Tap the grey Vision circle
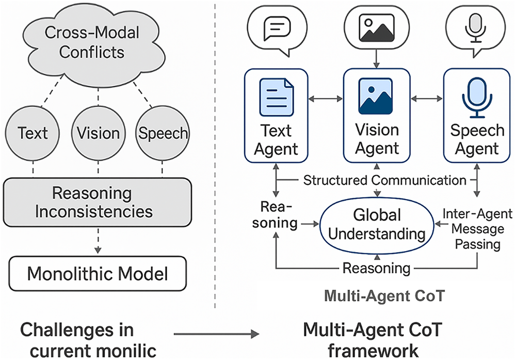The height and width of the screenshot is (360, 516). (99, 133)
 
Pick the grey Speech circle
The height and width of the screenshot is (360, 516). (162, 133)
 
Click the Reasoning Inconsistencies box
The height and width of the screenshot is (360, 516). (98, 202)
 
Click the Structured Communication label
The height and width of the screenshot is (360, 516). (384, 180)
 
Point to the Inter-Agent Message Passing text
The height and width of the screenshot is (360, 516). (477, 229)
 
